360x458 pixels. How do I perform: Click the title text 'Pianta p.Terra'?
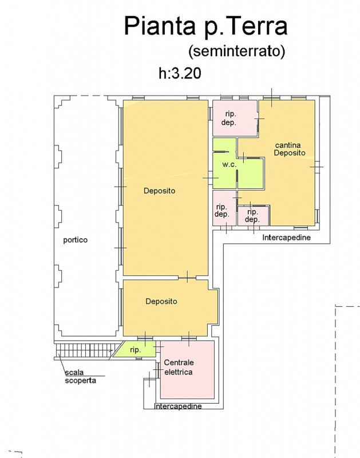(x=205, y=26)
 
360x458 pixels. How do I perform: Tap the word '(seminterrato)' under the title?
(x=236, y=52)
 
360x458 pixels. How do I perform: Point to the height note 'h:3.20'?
(x=179, y=73)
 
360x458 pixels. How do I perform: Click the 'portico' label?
(x=76, y=240)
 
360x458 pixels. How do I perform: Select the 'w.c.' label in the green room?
(x=230, y=165)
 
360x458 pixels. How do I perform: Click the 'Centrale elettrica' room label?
(x=179, y=367)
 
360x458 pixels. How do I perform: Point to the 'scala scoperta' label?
(x=80, y=376)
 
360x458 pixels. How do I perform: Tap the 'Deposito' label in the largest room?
(x=159, y=191)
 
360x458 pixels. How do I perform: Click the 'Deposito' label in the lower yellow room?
(x=161, y=301)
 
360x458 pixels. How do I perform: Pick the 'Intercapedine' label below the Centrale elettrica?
(x=178, y=406)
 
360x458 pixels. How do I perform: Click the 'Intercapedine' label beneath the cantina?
(x=286, y=237)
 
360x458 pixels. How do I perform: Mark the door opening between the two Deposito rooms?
(x=187, y=278)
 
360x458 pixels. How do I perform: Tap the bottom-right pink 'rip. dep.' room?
(x=253, y=215)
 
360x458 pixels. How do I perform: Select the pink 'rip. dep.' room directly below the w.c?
(x=223, y=210)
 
